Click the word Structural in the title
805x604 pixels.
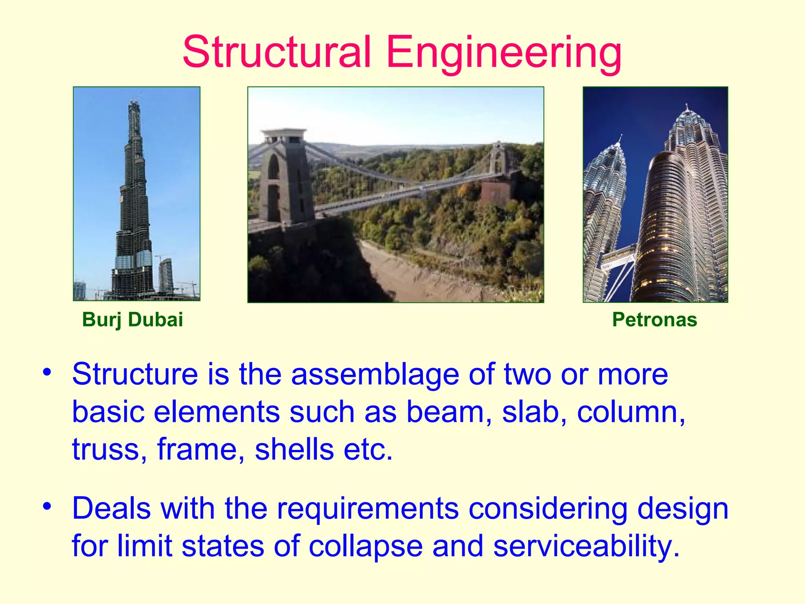tap(277, 52)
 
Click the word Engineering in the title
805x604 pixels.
tap(504, 52)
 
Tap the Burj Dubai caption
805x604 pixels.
tap(132, 319)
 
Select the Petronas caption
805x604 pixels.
tap(654, 319)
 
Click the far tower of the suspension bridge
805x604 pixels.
tap(498, 157)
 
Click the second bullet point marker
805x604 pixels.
tap(47, 506)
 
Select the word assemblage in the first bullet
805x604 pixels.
tap(375, 374)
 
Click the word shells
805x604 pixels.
tap(294, 449)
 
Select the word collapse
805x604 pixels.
tap(366, 547)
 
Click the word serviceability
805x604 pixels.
tap(586, 547)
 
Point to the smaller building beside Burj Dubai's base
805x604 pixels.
tap(166, 275)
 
